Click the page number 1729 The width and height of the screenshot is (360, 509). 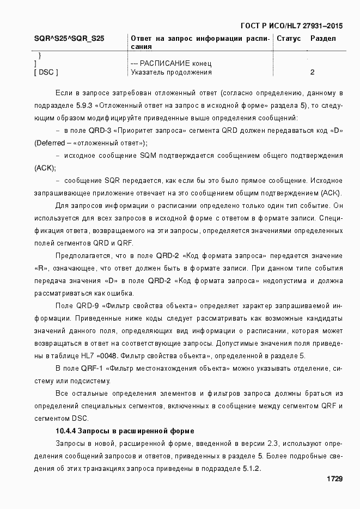point(334,479)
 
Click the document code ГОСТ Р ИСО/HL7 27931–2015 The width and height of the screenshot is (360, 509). point(291,26)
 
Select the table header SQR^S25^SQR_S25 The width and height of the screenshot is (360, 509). point(69,39)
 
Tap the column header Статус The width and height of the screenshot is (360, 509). point(289,39)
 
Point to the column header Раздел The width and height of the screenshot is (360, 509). point(323,39)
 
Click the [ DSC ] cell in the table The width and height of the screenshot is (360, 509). point(46,72)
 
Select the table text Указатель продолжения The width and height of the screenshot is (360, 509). point(171,72)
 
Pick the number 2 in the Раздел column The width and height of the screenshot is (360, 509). point(312,72)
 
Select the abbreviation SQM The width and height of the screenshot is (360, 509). point(149,156)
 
